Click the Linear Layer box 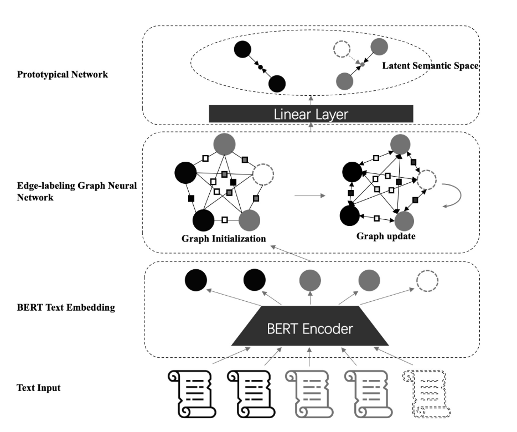311,114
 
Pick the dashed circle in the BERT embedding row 427,281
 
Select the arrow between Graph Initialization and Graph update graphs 310,195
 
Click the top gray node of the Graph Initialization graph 224,145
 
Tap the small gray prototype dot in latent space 362,65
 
